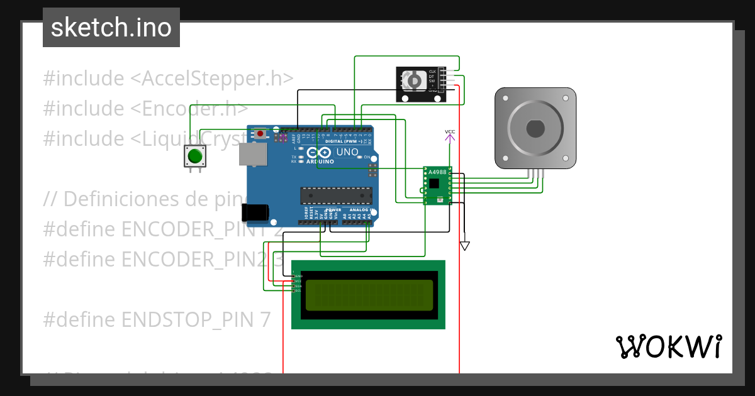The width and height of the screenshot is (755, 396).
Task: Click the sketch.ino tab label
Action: (x=111, y=28)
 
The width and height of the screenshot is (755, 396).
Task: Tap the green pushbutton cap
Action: (x=194, y=155)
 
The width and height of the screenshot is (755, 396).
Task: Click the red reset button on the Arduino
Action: (x=260, y=133)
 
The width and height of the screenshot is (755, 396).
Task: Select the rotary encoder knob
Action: (x=413, y=80)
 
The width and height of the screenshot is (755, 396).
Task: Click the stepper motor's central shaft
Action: (x=535, y=128)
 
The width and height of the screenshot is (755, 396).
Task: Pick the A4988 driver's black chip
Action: (x=435, y=184)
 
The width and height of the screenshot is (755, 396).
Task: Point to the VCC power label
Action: (x=450, y=132)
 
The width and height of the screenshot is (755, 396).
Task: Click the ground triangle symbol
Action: (x=464, y=246)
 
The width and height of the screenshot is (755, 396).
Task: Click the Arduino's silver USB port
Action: (x=253, y=154)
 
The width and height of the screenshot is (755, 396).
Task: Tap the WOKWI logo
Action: (x=668, y=346)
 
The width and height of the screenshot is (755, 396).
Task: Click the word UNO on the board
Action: (x=347, y=152)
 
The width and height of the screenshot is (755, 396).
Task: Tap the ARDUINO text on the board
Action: (x=320, y=162)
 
